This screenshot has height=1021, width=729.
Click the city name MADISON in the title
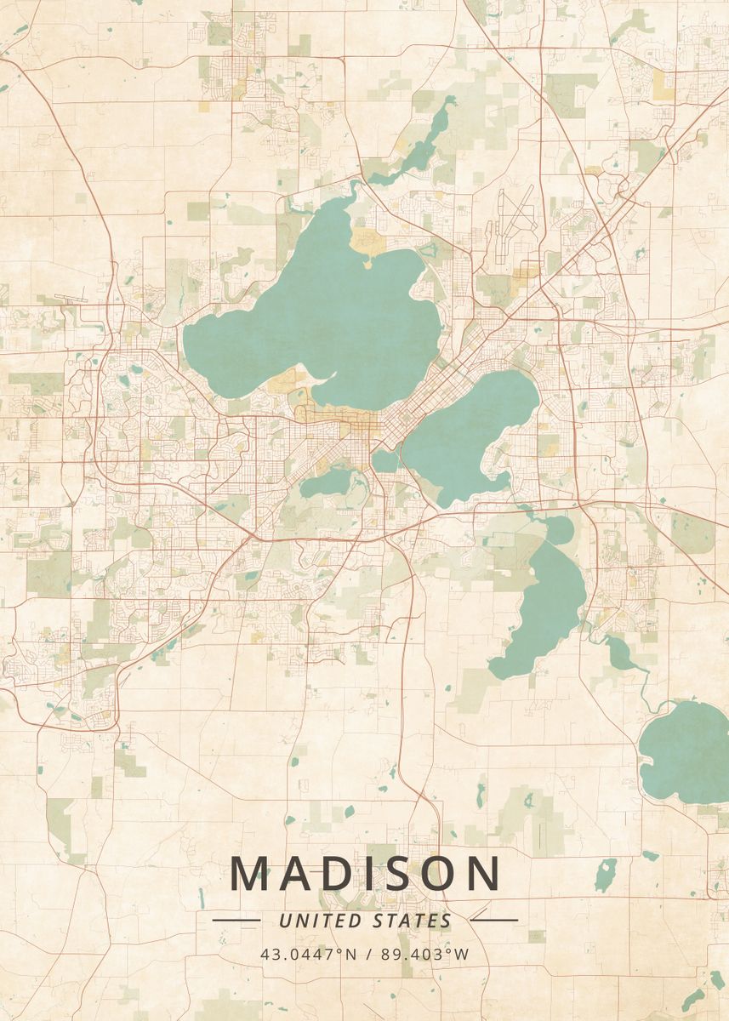point(365,874)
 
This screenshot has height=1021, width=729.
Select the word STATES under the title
point(413,921)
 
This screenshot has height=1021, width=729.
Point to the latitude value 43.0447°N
point(309,954)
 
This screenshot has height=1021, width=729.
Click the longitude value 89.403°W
point(424,954)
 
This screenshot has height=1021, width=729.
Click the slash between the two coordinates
point(367,954)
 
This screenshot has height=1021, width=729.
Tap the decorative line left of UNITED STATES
point(236,920)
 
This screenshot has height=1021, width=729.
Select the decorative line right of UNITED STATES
point(493,919)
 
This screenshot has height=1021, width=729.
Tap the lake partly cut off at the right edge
point(685,753)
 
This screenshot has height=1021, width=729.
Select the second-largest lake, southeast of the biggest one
point(468,434)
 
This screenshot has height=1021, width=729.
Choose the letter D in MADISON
point(340,874)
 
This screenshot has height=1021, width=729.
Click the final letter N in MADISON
point(482,874)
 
